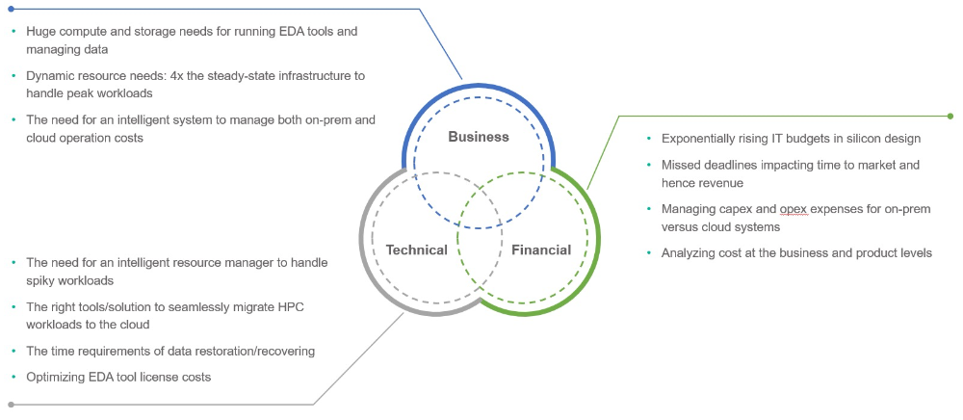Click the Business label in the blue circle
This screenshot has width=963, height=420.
[479, 137]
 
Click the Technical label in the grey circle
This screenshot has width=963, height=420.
[416, 250]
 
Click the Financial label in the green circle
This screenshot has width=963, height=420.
[540, 250]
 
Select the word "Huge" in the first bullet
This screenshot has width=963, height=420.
[42, 31]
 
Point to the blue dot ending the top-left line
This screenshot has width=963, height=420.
[11, 10]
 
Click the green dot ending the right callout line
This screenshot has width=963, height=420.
[950, 116]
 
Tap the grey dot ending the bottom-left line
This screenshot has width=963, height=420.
[11, 405]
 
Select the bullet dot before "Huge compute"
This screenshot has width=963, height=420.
[13, 32]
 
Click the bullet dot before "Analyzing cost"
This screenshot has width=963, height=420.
[649, 253]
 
